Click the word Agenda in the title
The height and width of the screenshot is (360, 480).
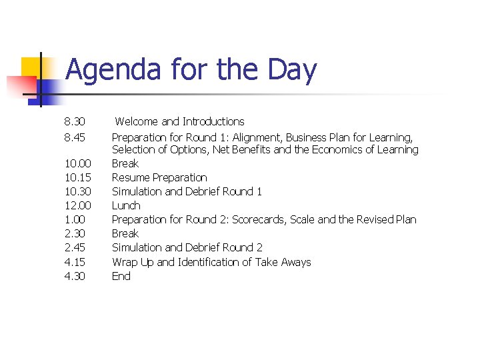point(113,71)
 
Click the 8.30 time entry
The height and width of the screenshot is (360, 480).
point(75,122)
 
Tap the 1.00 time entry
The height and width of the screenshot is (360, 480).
point(75,220)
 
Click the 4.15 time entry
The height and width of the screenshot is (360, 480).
point(75,263)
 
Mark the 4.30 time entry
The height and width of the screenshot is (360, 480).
point(75,277)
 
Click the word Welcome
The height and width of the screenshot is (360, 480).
point(137,122)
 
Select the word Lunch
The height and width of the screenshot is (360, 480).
point(126,206)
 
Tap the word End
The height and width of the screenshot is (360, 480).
point(121,277)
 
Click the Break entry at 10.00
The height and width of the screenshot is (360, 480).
point(125,164)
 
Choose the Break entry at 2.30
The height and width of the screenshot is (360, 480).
point(125,234)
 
